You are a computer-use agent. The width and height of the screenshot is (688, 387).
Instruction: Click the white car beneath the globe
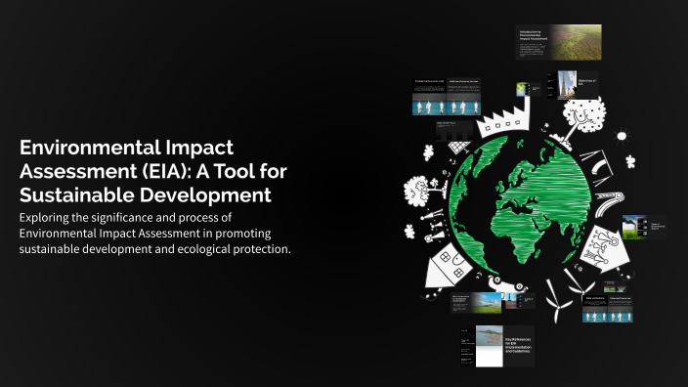[507, 292]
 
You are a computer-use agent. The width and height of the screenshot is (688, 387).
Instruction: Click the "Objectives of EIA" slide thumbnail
[577, 84]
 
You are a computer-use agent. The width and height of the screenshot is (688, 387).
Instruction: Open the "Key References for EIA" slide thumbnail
[498, 345]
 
